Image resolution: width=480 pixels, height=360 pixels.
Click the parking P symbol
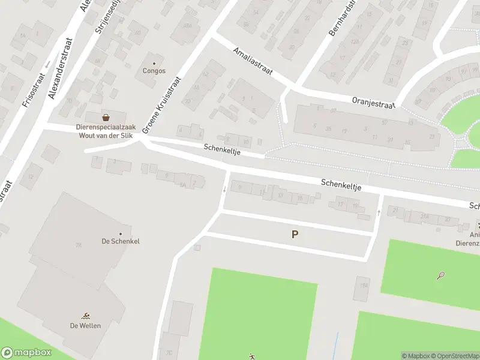coord(295,235)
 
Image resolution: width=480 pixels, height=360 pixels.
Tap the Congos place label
coord(154,71)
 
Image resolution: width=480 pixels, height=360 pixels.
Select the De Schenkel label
coord(121,241)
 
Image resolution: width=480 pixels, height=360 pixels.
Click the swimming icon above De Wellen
coord(85,316)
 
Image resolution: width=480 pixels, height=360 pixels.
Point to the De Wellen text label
coord(85,326)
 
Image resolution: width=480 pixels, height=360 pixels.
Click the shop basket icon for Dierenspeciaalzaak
coord(106,117)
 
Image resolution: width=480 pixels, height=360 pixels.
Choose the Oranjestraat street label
coord(373,103)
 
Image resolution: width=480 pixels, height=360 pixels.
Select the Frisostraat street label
coord(29,89)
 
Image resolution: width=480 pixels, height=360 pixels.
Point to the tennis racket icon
coord(442,276)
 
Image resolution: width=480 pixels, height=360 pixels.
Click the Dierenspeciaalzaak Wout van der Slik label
coord(105,131)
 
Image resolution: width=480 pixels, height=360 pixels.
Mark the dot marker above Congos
coord(154,63)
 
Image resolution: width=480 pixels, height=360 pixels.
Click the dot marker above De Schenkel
coord(121,233)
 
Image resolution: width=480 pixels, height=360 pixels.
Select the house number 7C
coord(169,352)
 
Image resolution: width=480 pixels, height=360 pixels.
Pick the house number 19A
coord(363,286)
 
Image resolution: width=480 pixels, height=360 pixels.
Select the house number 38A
coord(187,26)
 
